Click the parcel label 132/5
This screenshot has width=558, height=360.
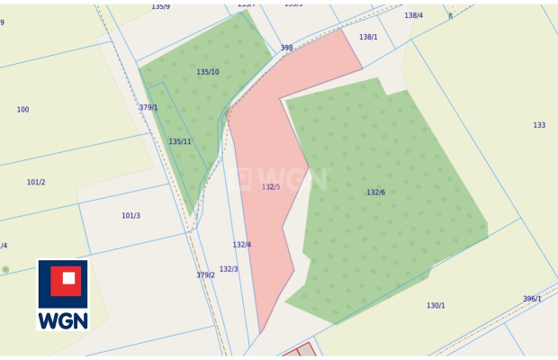pos(271,187)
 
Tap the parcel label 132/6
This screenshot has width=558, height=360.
pos(375,193)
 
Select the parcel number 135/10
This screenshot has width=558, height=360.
pos(208,72)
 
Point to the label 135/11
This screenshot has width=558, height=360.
pos(180,141)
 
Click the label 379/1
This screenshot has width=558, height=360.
pos(148,107)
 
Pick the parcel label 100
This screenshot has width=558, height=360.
pos(22,110)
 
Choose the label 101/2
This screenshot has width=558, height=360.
pos(36,182)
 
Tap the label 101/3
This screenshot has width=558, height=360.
pos(130,216)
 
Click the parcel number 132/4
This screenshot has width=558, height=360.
pos(242,245)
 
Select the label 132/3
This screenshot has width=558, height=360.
pos(229,269)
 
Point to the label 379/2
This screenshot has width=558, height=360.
pos(205,275)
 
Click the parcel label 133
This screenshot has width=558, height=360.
pos(539,125)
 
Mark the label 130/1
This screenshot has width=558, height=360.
pos(436,306)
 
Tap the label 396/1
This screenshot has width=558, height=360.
pos(532,300)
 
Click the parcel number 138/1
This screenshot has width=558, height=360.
pos(368,38)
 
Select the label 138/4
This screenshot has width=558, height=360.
pos(413,15)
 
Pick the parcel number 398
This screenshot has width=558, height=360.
pos(286,48)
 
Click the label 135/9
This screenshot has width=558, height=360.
pos(160,6)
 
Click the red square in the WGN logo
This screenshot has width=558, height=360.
pos(63,282)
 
